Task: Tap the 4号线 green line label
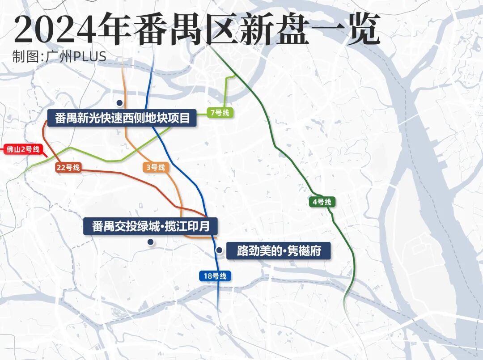tap(322, 202)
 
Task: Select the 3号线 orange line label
tap(156, 168)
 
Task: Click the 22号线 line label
tap(68, 168)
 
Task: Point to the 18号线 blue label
tap(215, 276)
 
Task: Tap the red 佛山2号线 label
tap(23, 149)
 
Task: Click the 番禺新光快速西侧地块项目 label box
tap(122, 119)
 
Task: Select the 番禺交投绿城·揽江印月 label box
tap(151, 226)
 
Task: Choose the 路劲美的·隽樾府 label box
tap(279, 251)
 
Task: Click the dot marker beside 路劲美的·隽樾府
tap(219, 250)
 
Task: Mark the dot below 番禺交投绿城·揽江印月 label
tap(151, 242)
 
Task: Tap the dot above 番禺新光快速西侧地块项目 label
tap(119, 102)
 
